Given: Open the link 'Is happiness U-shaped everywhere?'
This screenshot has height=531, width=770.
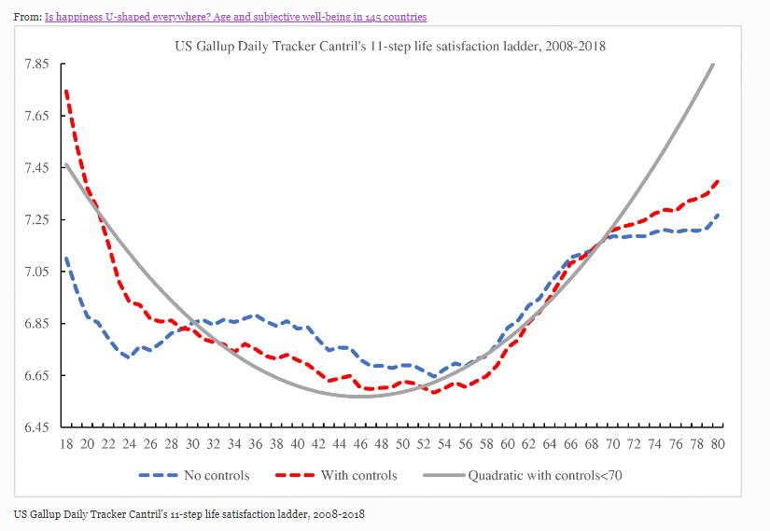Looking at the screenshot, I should pos(235,17).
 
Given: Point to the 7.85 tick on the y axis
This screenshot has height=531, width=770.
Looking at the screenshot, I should pos(36,63).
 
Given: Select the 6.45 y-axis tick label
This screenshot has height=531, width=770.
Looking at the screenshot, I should pos(36,427).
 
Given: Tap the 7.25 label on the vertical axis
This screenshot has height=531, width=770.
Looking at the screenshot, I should pos(36,219).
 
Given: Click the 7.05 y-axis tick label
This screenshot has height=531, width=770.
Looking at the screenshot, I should pos(36,272).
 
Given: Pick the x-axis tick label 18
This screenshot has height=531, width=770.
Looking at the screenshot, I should pos(66,443).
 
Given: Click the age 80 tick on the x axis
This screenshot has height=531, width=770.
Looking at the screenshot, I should pos(718,443).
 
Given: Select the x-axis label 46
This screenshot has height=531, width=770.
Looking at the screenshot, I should pos(360,443).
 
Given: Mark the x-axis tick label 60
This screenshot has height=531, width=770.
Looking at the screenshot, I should pos(508,443).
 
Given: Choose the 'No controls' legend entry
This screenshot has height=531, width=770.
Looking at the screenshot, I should pos(194,475).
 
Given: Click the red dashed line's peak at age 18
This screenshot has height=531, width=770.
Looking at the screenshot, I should pos(66,91).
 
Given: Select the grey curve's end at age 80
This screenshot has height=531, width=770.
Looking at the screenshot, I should pos(715,63).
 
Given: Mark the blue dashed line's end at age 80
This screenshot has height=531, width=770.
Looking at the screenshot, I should pos(717,215).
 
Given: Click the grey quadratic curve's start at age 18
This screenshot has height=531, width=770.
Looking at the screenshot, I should pos(66,165).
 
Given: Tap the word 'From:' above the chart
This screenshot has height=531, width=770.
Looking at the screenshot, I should pos(28,17).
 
